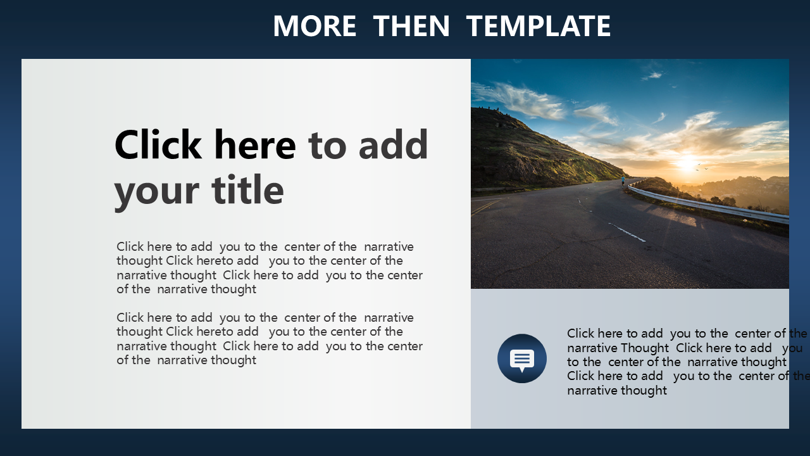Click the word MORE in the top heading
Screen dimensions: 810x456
(x=315, y=26)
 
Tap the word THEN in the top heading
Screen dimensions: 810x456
(x=411, y=26)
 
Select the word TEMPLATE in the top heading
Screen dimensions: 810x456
(x=539, y=26)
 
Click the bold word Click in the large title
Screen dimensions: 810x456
(x=158, y=144)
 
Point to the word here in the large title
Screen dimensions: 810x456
(x=255, y=144)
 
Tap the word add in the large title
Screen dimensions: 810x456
(x=393, y=144)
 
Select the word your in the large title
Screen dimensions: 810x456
(x=156, y=192)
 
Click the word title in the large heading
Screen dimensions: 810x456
(x=247, y=189)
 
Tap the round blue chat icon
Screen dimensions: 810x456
(x=522, y=358)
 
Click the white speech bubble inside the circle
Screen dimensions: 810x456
(x=522, y=360)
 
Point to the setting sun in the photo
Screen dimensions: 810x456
(x=687, y=163)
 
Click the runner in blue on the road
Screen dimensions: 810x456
(x=623, y=180)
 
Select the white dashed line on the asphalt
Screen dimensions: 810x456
(x=627, y=232)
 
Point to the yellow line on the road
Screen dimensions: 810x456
(x=486, y=206)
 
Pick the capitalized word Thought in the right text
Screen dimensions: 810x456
(x=644, y=348)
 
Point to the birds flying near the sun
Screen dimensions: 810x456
(x=702, y=167)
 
